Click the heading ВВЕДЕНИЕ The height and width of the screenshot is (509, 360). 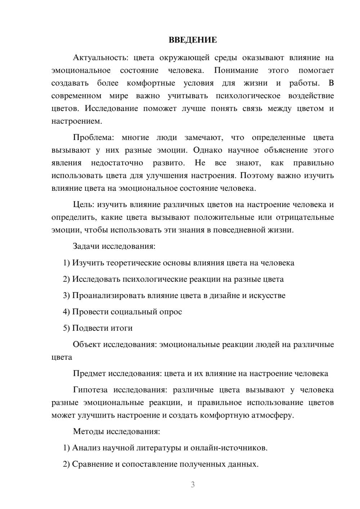click(193, 40)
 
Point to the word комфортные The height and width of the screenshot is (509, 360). click(151, 83)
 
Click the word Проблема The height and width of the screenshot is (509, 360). click(93, 138)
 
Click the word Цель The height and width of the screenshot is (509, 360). click(83, 205)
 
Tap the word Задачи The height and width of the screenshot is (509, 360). click(86, 247)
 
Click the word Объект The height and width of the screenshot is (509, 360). click(87, 344)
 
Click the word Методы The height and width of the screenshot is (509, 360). click(87, 432)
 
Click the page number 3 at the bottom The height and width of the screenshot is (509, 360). click(193, 485)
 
